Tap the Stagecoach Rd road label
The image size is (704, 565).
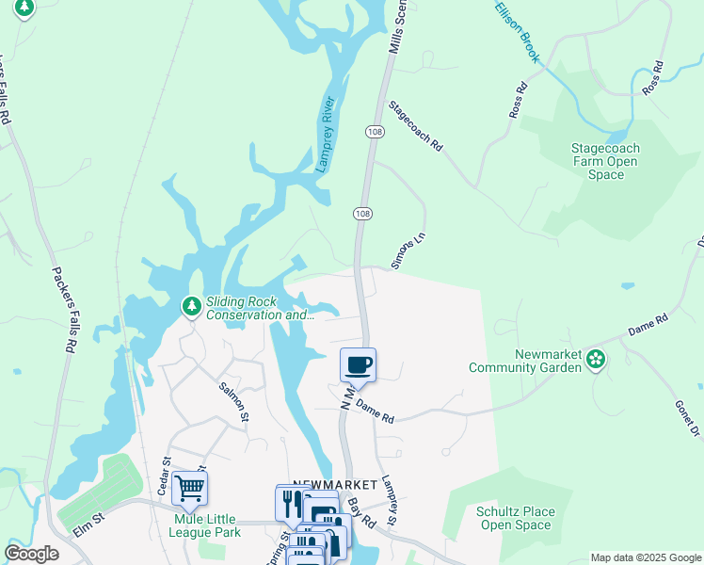[415, 127]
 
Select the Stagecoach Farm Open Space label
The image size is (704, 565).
[605, 161]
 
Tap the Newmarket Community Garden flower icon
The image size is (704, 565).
[595, 358]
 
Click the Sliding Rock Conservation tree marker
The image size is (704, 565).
[191, 306]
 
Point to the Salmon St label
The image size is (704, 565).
[233, 401]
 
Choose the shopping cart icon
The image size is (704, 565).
[190, 488]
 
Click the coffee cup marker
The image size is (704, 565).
[358, 364]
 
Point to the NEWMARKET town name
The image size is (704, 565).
[334, 484]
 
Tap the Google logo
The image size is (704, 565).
[31, 554]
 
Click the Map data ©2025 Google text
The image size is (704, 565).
[645, 557]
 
